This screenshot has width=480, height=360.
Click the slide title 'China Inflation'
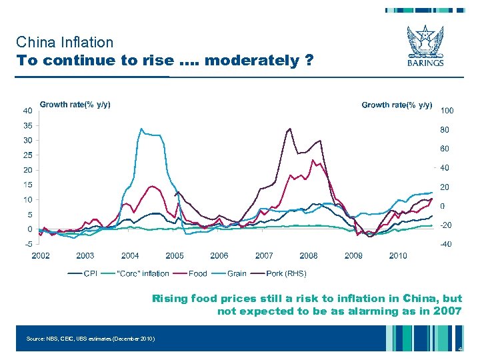[x=65, y=43]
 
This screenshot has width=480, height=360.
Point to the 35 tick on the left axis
[x=27, y=125]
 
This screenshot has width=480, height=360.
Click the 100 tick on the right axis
[x=447, y=110]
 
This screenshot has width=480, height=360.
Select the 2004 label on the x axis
[x=130, y=255]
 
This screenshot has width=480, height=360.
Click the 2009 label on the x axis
[x=353, y=255]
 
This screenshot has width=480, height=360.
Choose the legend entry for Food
[x=198, y=273]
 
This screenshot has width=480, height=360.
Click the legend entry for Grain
[x=237, y=273]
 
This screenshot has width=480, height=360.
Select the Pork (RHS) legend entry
[x=287, y=273]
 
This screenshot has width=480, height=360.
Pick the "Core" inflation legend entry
[x=143, y=273]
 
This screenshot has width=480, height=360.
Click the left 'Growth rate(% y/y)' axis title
[x=75, y=105]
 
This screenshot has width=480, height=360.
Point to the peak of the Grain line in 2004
[x=141, y=129]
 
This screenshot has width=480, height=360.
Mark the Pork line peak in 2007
[x=289, y=129]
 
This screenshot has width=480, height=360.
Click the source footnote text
[x=91, y=339]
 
